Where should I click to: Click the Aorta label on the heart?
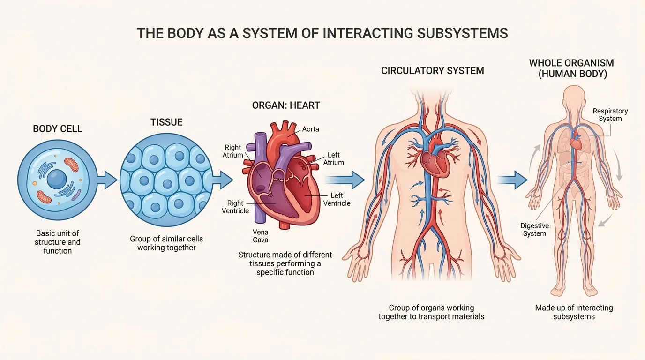[x=310, y=129]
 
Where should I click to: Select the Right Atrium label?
[x=233, y=151]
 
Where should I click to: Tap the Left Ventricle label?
[x=337, y=199]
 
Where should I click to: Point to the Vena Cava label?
[x=261, y=236]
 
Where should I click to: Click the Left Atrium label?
[x=334, y=158]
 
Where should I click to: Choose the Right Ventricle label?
[x=235, y=207]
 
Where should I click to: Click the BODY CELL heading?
[x=58, y=128]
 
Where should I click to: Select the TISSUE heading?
[x=166, y=122]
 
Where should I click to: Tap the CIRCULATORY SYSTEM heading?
[x=433, y=71]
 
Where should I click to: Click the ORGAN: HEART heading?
[x=286, y=105]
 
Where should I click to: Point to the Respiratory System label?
[x=610, y=115]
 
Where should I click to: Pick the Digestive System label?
[x=535, y=230]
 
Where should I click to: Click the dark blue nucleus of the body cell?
[x=57, y=179]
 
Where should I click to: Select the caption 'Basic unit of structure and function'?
[x=58, y=242]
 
